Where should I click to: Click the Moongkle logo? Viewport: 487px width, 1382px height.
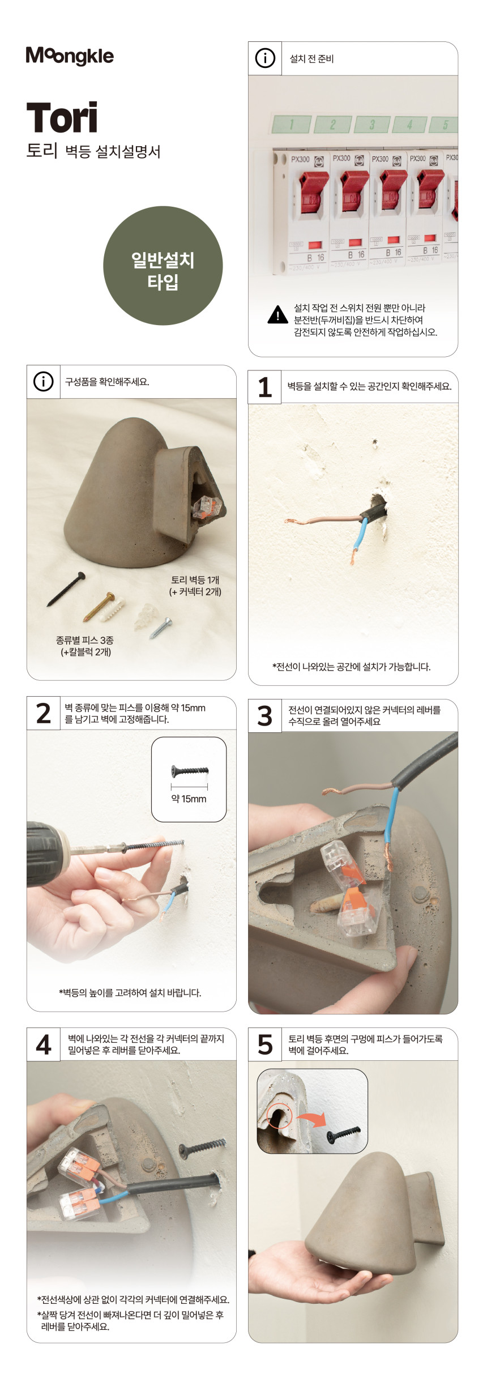(x=70, y=56)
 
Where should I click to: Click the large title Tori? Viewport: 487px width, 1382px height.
(x=62, y=118)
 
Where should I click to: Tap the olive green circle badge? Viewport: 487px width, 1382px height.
(x=163, y=266)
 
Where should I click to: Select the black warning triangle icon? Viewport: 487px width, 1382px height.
(x=277, y=314)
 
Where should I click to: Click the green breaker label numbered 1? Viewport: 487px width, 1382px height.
(x=292, y=124)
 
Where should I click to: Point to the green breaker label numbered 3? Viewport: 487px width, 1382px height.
(x=371, y=124)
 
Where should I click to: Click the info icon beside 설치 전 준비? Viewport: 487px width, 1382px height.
(x=265, y=58)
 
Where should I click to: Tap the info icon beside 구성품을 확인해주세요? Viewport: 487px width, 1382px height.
(x=44, y=382)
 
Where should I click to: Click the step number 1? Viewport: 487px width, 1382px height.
(x=264, y=387)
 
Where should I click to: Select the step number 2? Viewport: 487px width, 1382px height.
(x=44, y=713)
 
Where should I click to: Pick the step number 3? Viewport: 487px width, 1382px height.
(x=265, y=716)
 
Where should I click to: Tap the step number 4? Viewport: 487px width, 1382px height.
(x=44, y=1044)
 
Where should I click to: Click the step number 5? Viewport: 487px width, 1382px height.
(x=265, y=1044)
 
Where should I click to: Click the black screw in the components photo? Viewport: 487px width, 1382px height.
(x=66, y=589)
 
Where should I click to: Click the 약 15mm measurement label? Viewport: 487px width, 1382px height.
(x=189, y=799)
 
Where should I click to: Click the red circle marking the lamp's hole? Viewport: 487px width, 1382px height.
(x=279, y=1116)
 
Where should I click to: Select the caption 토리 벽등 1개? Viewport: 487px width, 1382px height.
(x=195, y=580)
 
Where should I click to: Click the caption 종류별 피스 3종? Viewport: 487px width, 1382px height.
(x=85, y=640)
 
